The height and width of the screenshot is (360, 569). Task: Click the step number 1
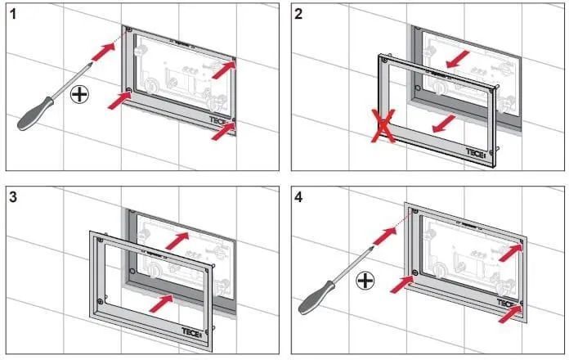pyautogui.click(x=13, y=14)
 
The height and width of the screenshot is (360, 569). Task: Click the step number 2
pyautogui.click(x=298, y=14)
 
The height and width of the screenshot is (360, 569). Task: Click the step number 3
pyautogui.click(x=13, y=197)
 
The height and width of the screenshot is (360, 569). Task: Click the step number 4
pyautogui.click(x=298, y=198)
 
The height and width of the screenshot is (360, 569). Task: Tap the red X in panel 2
pyautogui.click(x=383, y=126)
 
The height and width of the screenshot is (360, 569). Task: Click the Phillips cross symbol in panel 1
pyautogui.click(x=79, y=95)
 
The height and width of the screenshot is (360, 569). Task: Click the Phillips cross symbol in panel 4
pyautogui.click(x=365, y=281)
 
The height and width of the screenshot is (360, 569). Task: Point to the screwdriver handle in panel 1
pyautogui.click(x=35, y=114)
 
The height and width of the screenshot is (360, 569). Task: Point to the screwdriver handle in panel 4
pyautogui.click(x=316, y=298)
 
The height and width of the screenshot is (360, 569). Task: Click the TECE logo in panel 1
pyautogui.click(x=218, y=120)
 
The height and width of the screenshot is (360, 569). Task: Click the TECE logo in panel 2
pyautogui.click(x=475, y=153)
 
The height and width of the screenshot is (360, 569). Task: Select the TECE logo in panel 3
pyautogui.click(x=190, y=332)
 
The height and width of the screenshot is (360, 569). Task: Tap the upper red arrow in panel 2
pyautogui.click(x=458, y=59)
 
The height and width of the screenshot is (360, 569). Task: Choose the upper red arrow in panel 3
pyautogui.click(x=177, y=241)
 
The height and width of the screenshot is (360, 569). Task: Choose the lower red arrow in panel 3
pyautogui.click(x=162, y=303)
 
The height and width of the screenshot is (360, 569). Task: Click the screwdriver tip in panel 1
pyautogui.click(x=91, y=63)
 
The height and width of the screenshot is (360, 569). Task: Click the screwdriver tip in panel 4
pyautogui.click(x=372, y=247)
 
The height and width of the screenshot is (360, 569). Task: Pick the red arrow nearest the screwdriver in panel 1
pyautogui.click(x=104, y=52)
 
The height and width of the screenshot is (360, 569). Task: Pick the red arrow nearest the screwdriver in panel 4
pyautogui.click(x=385, y=236)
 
